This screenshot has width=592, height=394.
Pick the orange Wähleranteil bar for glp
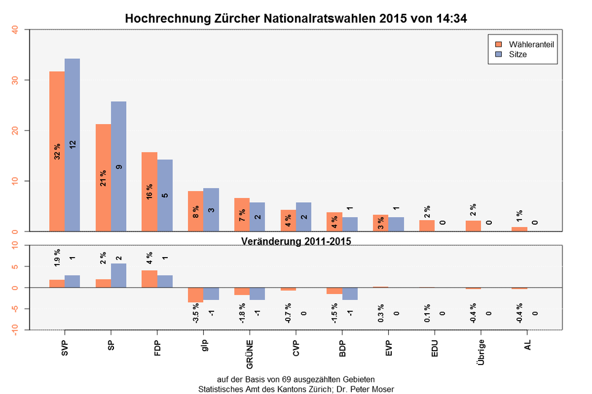click(x=196, y=211)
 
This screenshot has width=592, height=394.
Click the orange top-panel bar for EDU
click(x=427, y=226)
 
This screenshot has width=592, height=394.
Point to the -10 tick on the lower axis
click(x=15, y=329)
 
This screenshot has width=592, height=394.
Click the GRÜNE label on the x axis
click(x=250, y=352)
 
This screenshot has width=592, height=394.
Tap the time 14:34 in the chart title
click(x=448, y=18)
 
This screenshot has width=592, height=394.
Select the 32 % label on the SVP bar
click(x=57, y=151)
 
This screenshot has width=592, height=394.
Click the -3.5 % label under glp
click(x=196, y=315)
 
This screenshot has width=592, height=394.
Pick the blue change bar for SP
click(x=119, y=276)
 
